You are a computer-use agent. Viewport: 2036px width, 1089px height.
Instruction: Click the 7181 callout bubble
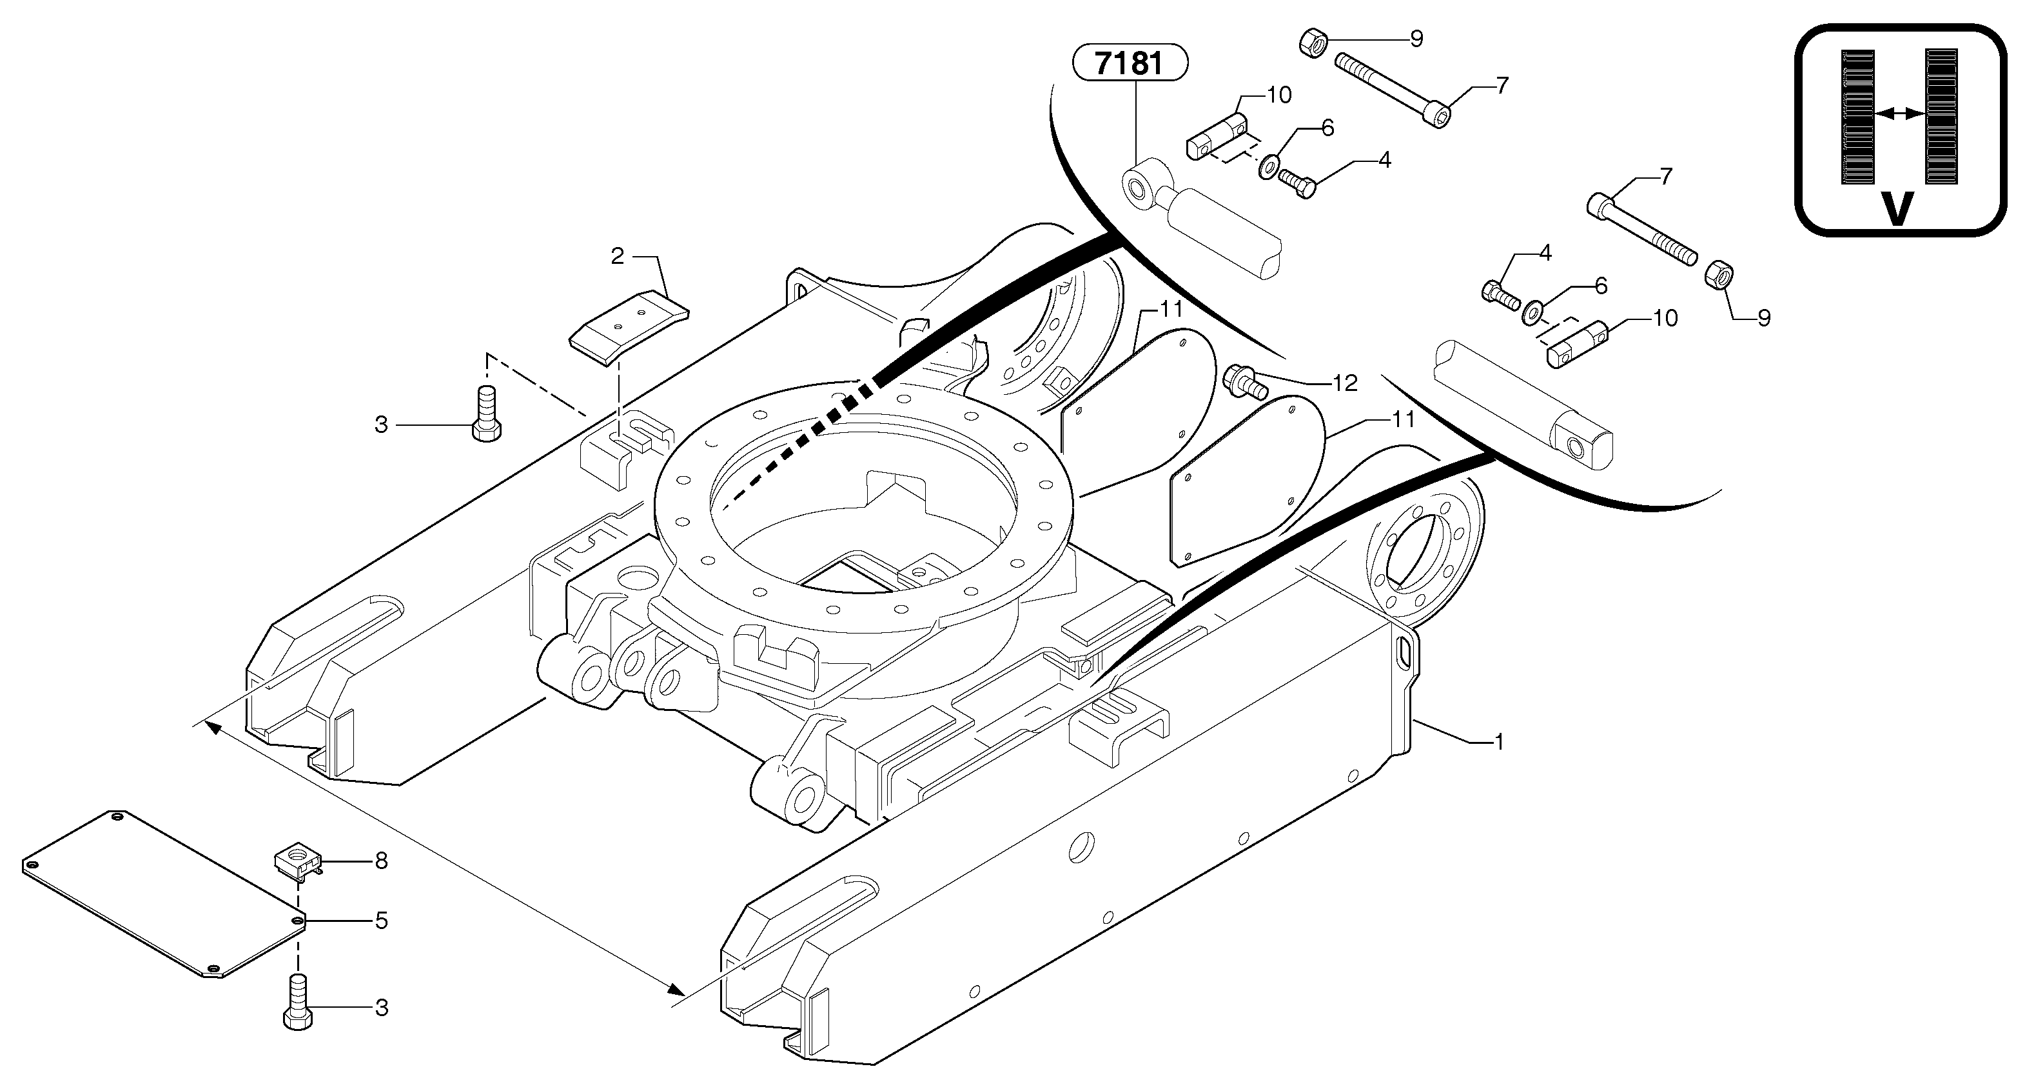click(x=1130, y=63)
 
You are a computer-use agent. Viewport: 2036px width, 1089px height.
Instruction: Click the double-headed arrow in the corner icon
click(x=1900, y=114)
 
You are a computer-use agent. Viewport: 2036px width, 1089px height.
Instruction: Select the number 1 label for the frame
click(x=1497, y=742)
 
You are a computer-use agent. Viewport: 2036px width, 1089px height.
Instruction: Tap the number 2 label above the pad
click(x=617, y=256)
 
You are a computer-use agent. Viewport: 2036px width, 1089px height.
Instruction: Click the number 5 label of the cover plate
click(x=381, y=921)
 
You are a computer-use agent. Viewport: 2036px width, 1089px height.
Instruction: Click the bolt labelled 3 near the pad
click(x=486, y=414)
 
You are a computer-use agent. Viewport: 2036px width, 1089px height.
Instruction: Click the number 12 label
click(x=1344, y=384)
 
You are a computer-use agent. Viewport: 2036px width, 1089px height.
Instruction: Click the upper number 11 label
click(x=1171, y=309)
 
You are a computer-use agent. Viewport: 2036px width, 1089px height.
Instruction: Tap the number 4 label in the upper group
click(x=1384, y=160)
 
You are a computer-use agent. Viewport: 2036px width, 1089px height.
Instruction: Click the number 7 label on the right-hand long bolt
click(x=1665, y=176)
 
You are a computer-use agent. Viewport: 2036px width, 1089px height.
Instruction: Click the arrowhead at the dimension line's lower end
click(x=676, y=990)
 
